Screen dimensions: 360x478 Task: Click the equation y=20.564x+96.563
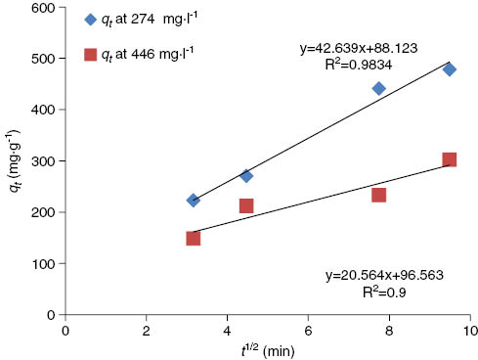tap(384, 276)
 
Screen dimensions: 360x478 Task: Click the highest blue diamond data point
tap(449, 69)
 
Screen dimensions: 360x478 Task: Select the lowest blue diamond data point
tap(193, 200)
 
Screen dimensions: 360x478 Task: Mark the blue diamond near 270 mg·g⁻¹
tap(246, 176)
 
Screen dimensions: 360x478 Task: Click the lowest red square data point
tap(193, 238)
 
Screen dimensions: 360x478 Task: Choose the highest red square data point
tap(449, 159)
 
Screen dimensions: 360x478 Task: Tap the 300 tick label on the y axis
tap(42, 160)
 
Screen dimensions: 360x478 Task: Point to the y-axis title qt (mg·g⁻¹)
tap(12, 160)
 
